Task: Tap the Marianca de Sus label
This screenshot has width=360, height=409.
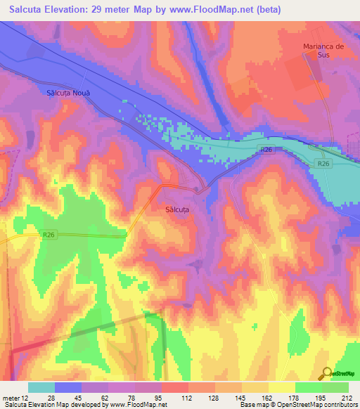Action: [323, 51]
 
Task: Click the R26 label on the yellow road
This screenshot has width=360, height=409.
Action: [49, 235]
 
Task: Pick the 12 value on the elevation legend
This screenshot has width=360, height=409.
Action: [23, 397]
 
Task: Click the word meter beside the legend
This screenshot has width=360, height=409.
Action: [9, 397]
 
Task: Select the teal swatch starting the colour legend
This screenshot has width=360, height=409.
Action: [41, 387]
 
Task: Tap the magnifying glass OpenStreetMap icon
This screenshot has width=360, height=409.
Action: [326, 373]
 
